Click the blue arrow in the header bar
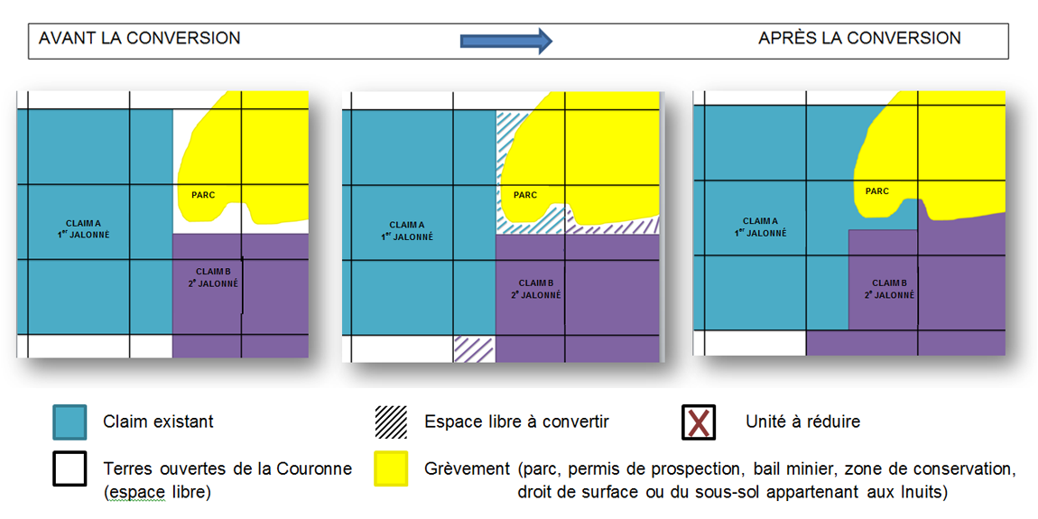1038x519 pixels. click(505, 40)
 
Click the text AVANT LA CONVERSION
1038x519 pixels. click(139, 38)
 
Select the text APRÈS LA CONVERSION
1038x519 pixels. click(859, 38)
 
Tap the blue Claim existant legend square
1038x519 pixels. click(70, 422)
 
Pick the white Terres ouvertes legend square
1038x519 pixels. click(70, 468)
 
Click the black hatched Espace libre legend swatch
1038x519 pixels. click(391, 422)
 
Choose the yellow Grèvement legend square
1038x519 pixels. click(391, 468)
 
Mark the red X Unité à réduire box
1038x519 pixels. click(699, 422)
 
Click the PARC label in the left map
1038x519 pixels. click(203, 195)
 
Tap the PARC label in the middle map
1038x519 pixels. click(525, 195)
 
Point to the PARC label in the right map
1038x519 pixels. click(876, 191)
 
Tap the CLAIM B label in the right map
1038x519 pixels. click(888, 289)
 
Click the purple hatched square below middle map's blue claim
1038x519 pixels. click(474, 348)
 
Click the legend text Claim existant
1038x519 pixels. click(158, 422)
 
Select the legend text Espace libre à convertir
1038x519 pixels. click(516, 422)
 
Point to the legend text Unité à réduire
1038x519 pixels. click(802, 422)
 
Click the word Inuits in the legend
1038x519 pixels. click(927, 493)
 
